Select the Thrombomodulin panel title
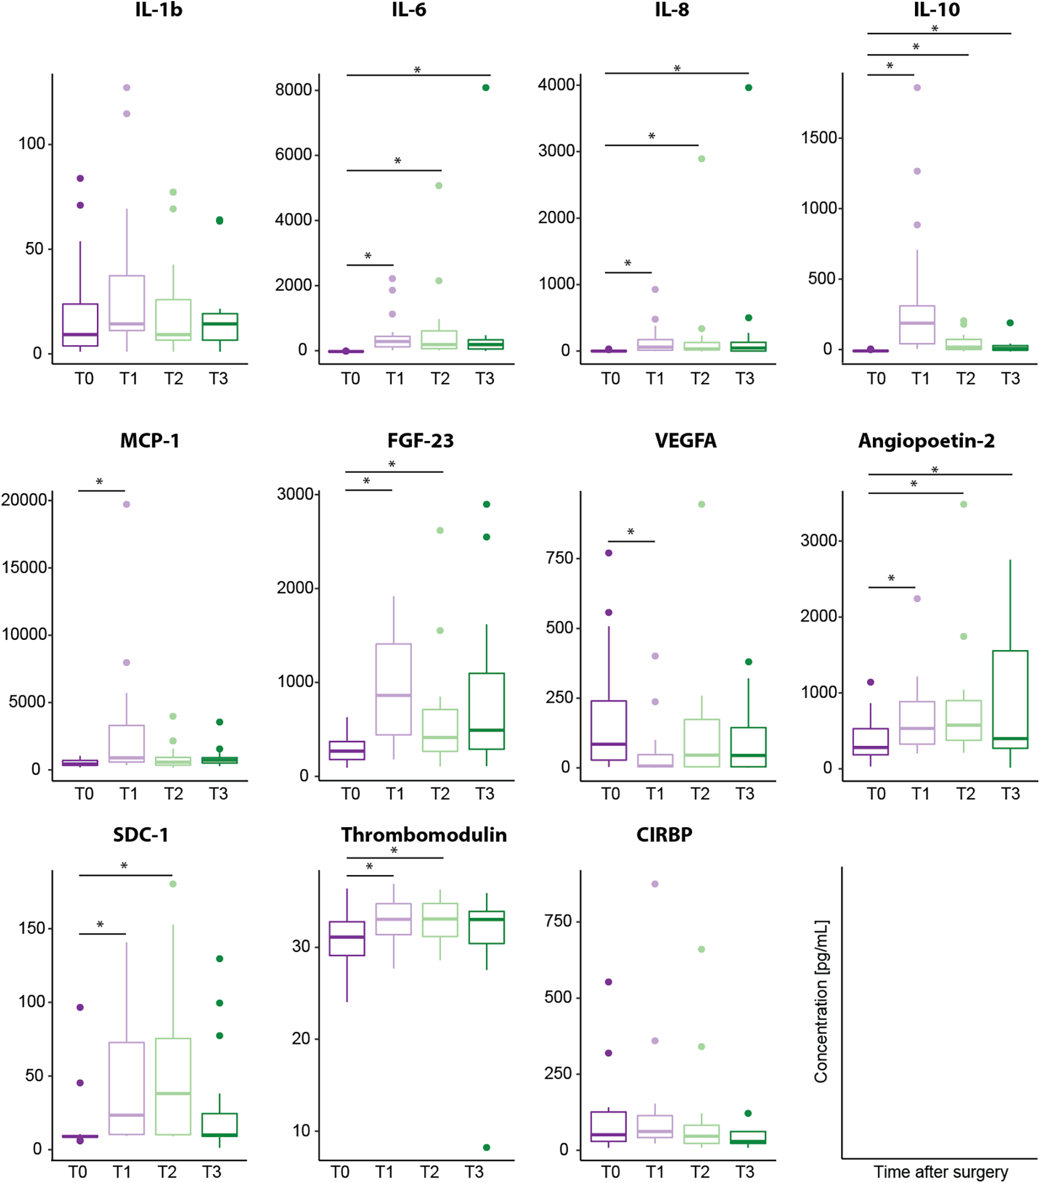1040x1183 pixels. coord(423,835)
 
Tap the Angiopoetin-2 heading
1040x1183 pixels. coord(926,441)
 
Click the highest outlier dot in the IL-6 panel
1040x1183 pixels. coord(486,87)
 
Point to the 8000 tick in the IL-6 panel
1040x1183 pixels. coord(294,90)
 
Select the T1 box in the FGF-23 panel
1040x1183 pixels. coord(394,689)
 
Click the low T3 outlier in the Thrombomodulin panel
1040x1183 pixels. coord(486,1147)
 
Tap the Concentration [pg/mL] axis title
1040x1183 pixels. coord(821,1001)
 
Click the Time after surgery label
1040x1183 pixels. coord(941,1172)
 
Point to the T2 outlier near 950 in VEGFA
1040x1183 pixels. coord(702,505)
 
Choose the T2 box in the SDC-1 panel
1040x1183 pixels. coord(173,1086)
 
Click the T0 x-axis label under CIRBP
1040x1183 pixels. coord(610,1172)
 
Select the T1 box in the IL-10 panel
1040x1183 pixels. coord(917,324)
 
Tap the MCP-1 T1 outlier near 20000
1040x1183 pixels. coord(127,504)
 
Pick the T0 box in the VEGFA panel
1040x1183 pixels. coord(609,730)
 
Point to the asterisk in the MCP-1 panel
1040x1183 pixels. coord(99,481)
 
